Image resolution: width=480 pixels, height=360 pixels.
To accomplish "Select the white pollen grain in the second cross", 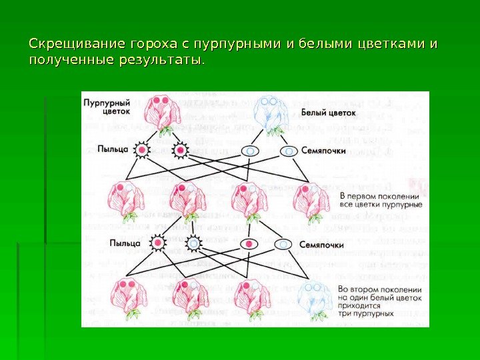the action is (x=193, y=244).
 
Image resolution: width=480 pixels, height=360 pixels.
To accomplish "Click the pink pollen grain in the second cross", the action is (x=159, y=244).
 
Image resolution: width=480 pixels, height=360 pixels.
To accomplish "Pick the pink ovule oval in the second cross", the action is (x=249, y=244).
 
